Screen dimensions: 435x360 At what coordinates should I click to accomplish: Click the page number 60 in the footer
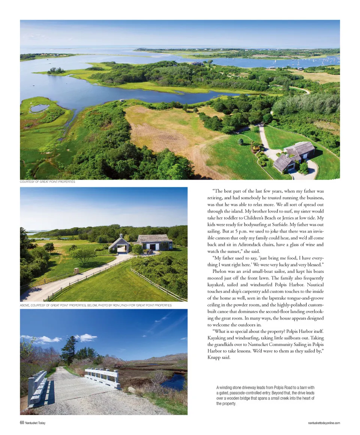[22, 423]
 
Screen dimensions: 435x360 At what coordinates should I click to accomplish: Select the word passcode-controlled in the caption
[250, 392]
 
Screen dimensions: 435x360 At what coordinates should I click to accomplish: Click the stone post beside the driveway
[76, 271]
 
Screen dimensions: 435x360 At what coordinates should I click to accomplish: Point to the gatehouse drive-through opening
[121, 249]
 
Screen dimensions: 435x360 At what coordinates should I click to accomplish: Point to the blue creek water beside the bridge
[174, 381]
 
